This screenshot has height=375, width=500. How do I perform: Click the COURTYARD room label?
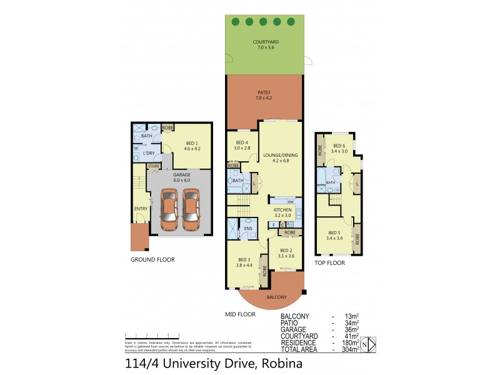pos(266,42)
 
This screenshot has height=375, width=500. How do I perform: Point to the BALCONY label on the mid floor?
pos(276,297)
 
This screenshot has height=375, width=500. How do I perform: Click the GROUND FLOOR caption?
pos(152,259)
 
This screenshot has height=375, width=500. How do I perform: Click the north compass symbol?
pos(370,342)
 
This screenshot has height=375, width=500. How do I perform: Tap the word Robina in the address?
pos(281,363)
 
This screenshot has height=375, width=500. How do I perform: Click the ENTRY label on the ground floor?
pos(139,209)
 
